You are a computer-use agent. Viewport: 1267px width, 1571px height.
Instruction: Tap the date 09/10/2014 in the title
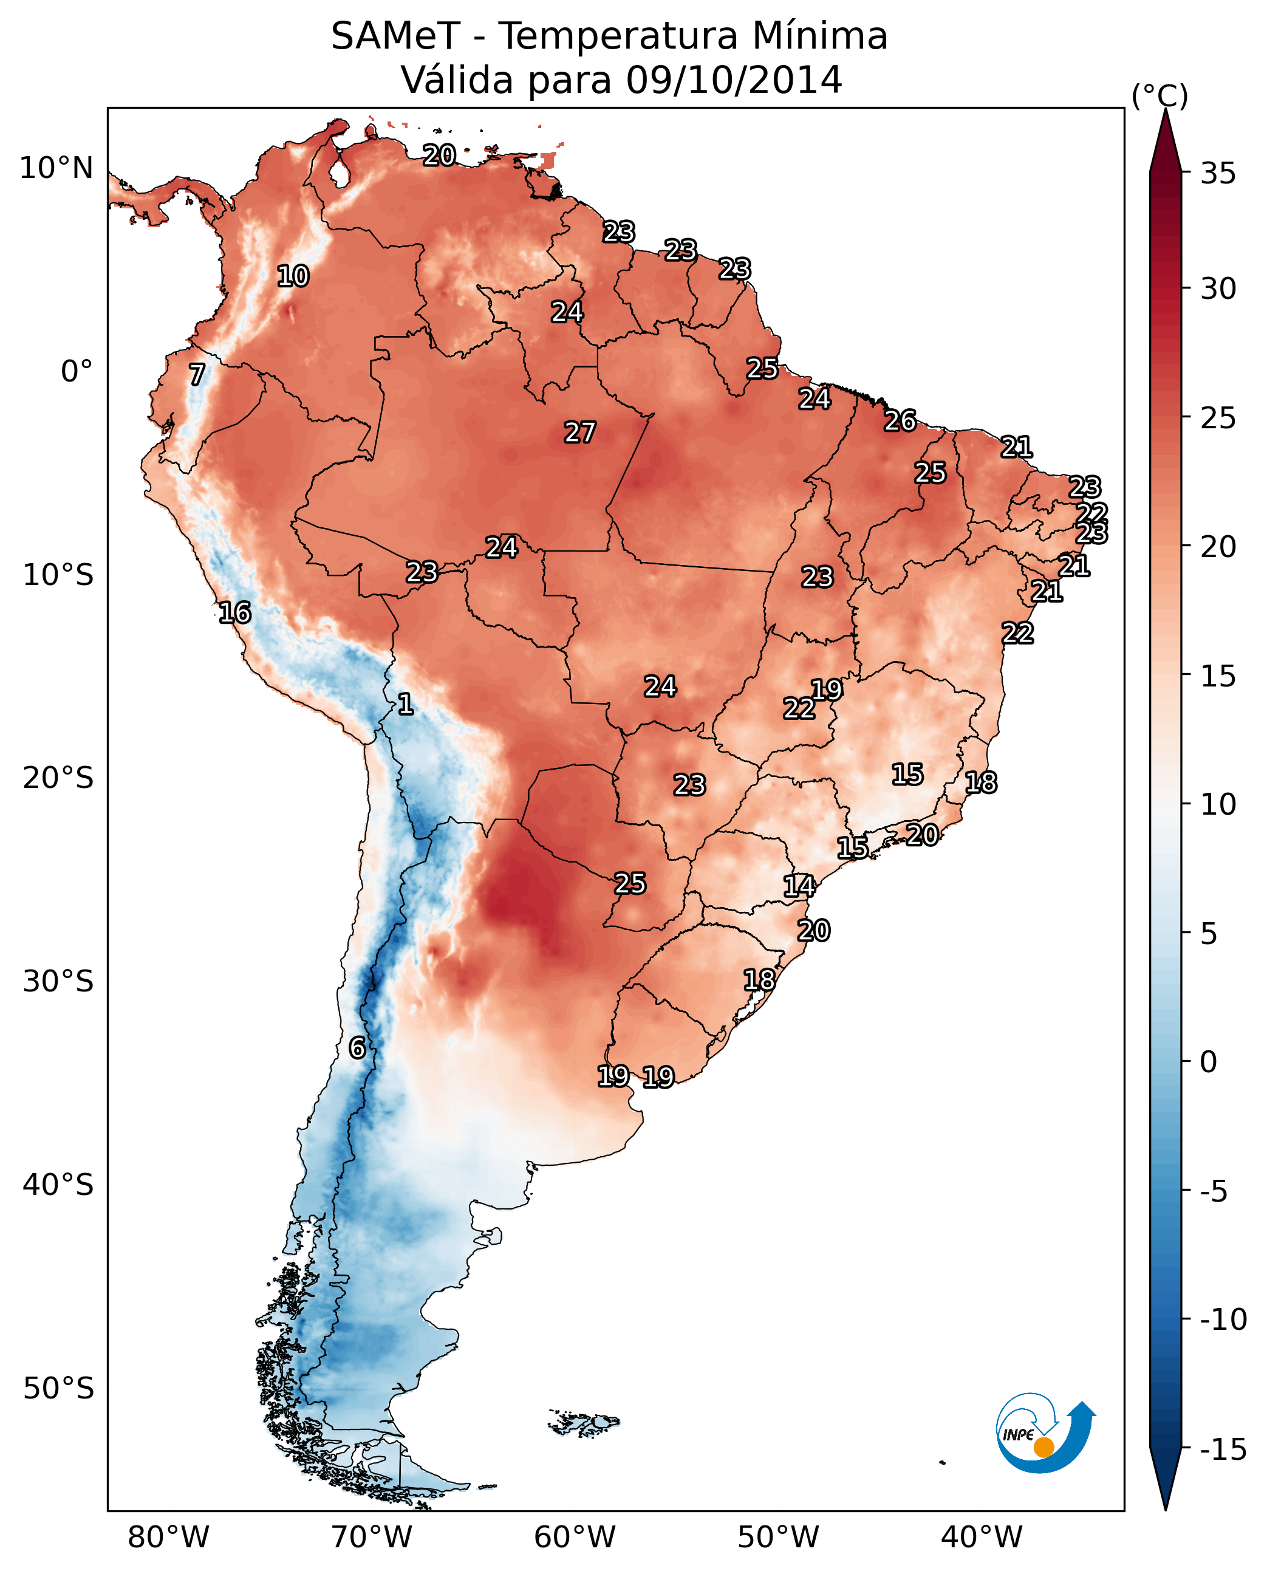(x=734, y=80)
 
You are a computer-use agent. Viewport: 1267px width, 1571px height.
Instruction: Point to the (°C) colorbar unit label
(x=1159, y=95)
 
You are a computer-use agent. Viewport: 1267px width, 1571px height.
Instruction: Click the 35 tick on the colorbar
(x=1218, y=174)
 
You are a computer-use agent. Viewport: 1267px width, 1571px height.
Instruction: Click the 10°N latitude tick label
(x=56, y=169)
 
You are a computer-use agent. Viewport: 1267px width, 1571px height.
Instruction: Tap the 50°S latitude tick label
(x=58, y=1388)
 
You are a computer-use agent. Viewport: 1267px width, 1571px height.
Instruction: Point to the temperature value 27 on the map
(x=580, y=432)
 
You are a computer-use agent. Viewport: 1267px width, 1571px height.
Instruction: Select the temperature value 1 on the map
(x=406, y=705)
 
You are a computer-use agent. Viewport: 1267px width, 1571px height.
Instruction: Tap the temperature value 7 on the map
(x=197, y=374)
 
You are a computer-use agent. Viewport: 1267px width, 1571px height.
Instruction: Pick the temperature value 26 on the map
(x=900, y=420)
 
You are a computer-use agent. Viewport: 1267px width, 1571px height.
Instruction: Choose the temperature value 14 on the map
(x=799, y=886)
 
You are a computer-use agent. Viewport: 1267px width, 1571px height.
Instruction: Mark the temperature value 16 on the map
(x=235, y=612)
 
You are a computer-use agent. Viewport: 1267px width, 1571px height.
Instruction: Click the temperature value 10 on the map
(x=293, y=276)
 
